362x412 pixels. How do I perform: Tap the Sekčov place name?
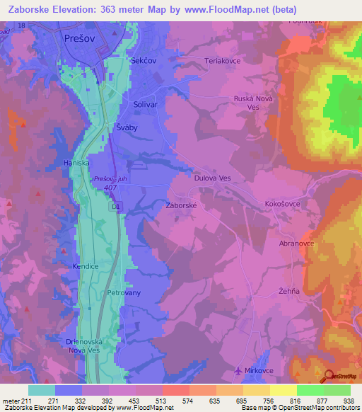pos(144,62)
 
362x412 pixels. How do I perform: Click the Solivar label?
pos(145,104)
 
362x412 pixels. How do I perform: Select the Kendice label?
pos(85,267)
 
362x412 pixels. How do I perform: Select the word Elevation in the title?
pos(76,8)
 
